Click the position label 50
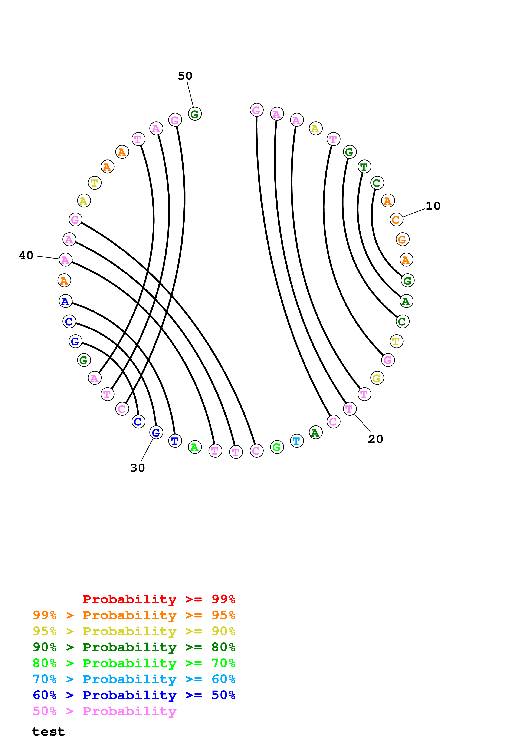click(185, 76)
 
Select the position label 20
click(375, 439)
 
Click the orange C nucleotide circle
click(396, 220)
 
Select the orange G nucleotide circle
click(402, 240)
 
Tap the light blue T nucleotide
click(296, 441)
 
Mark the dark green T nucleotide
click(364, 167)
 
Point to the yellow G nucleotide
click(377, 378)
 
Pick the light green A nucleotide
click(195, 447)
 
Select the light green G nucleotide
click(277, 447)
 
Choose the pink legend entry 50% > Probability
click(104, 711)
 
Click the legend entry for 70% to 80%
click(134, 663)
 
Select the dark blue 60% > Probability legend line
click(134, 695)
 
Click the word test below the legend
click(49, 732)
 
